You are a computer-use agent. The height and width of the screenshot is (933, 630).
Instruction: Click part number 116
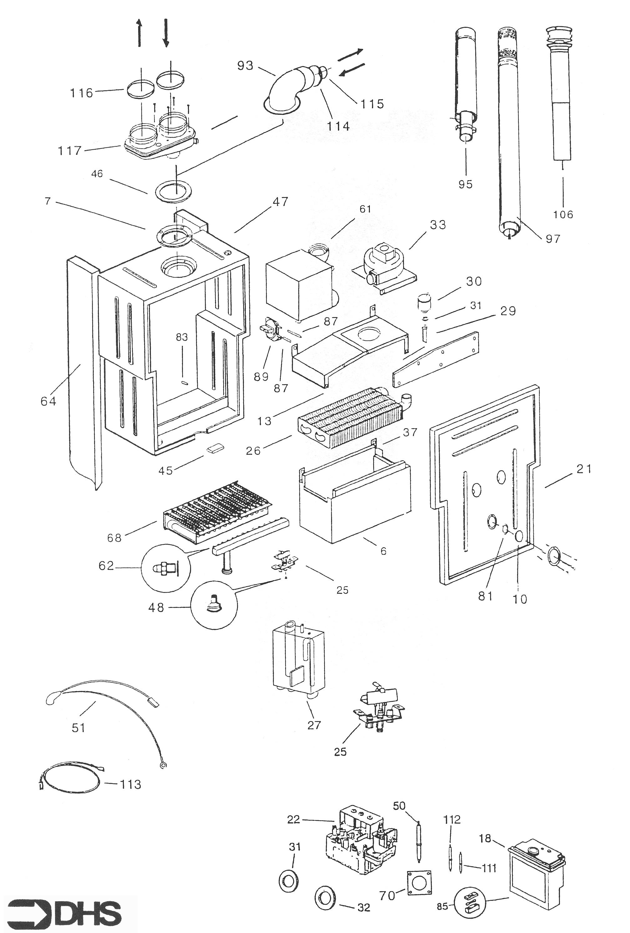click(82, 93)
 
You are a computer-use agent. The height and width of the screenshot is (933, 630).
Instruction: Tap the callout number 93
click(245, 65)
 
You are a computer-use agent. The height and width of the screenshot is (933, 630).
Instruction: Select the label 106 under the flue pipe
click(563, 214)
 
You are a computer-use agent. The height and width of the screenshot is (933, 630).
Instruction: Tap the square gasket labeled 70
click(419, 883)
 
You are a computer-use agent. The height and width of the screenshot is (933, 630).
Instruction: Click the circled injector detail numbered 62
click(165, 568)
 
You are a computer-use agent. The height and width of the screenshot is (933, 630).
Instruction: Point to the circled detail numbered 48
click(215, 607)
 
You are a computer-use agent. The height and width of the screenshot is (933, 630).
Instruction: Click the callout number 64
click(48, 401)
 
